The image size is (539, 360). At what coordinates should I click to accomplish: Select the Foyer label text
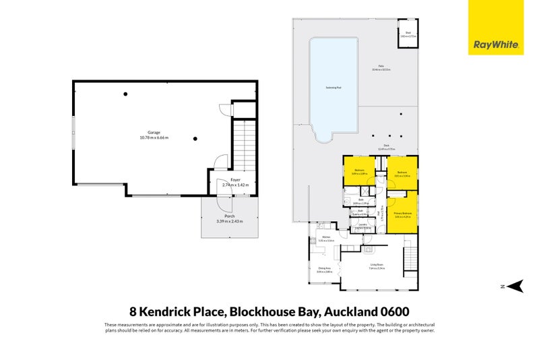[235, 180]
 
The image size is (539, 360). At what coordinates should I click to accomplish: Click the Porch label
[230, 216]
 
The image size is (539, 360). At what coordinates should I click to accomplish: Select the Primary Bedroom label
[403, 214]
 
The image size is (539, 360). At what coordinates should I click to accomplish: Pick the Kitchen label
[326, 238]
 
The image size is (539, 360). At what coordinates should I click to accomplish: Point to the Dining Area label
[324, 268]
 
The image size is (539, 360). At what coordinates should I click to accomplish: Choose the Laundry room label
[362, 224]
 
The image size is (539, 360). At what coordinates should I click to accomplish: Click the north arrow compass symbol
[515, 287]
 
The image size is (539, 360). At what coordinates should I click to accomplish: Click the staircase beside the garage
[243, 145]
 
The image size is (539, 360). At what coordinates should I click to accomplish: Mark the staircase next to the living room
[410, 258]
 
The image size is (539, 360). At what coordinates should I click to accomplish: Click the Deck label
[387, 146]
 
